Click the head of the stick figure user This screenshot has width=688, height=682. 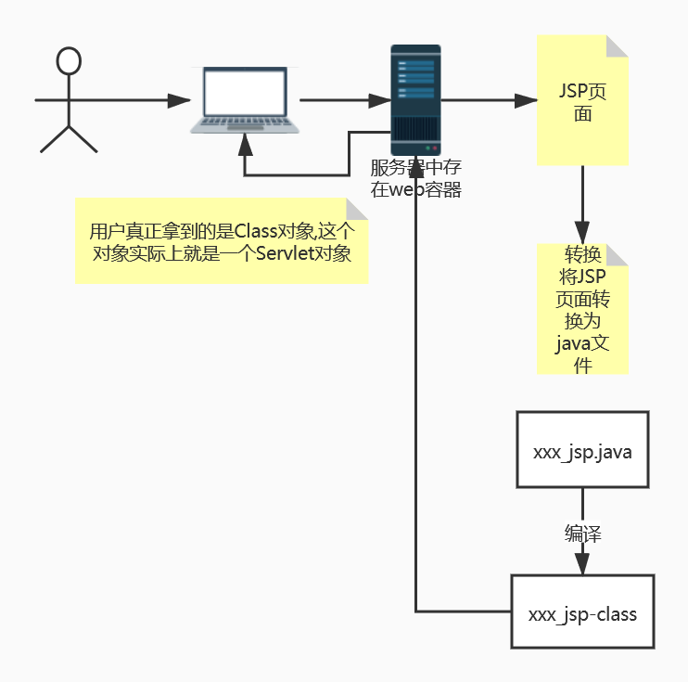pyautogui.click(x=69, y=61)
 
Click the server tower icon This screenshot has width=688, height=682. pyautogui.click(x=415, y=99)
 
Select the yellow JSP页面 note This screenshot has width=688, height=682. pyautogui.click(x=582, y=102)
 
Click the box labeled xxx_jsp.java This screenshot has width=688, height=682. pyautogui.click(x=582, y=451)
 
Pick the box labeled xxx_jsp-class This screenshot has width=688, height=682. pyautogui.click(x=582, y=612)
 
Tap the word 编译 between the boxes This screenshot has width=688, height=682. pyautogui.click(x=583, y=534)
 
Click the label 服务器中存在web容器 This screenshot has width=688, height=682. pyautogui.click(x=415, y=179)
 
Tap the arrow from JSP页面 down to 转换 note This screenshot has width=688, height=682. pyautogui.click(x=582, y=204)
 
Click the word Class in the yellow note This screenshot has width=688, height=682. pyautogui.click(x=256, y=231)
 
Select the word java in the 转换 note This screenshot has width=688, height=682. pyautogui.click(x=573, y=344)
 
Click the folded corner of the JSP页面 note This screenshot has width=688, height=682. pyautogui.click(x=618, y=45)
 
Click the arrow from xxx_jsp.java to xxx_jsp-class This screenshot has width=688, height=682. pyautogui.click(x=582, y=557)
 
